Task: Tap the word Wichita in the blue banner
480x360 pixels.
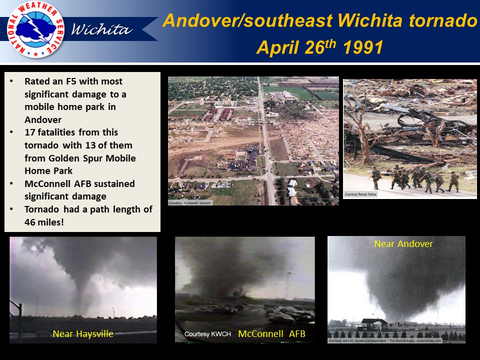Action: click(x=101, y=30)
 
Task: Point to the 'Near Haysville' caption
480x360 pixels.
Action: click(x=82, y=333)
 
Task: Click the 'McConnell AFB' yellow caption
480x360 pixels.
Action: click(x=271, y=333)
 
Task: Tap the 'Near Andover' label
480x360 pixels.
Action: click(x=403, y=244)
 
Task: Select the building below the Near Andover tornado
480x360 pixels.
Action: click(x=373, y=322)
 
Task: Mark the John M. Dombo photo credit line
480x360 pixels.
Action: click(x=385, y=341)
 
